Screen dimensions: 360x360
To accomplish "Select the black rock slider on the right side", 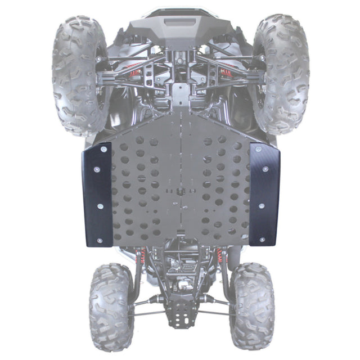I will tap(264, 194).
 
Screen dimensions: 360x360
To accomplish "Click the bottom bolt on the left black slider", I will tap(100, 241).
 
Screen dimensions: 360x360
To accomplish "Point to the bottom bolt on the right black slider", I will tap(262, 240).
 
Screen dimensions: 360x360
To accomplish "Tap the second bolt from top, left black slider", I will tap(95, 169).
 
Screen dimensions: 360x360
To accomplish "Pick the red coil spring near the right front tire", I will tap(227, 73).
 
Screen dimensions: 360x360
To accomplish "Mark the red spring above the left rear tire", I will tap(142, 258).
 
